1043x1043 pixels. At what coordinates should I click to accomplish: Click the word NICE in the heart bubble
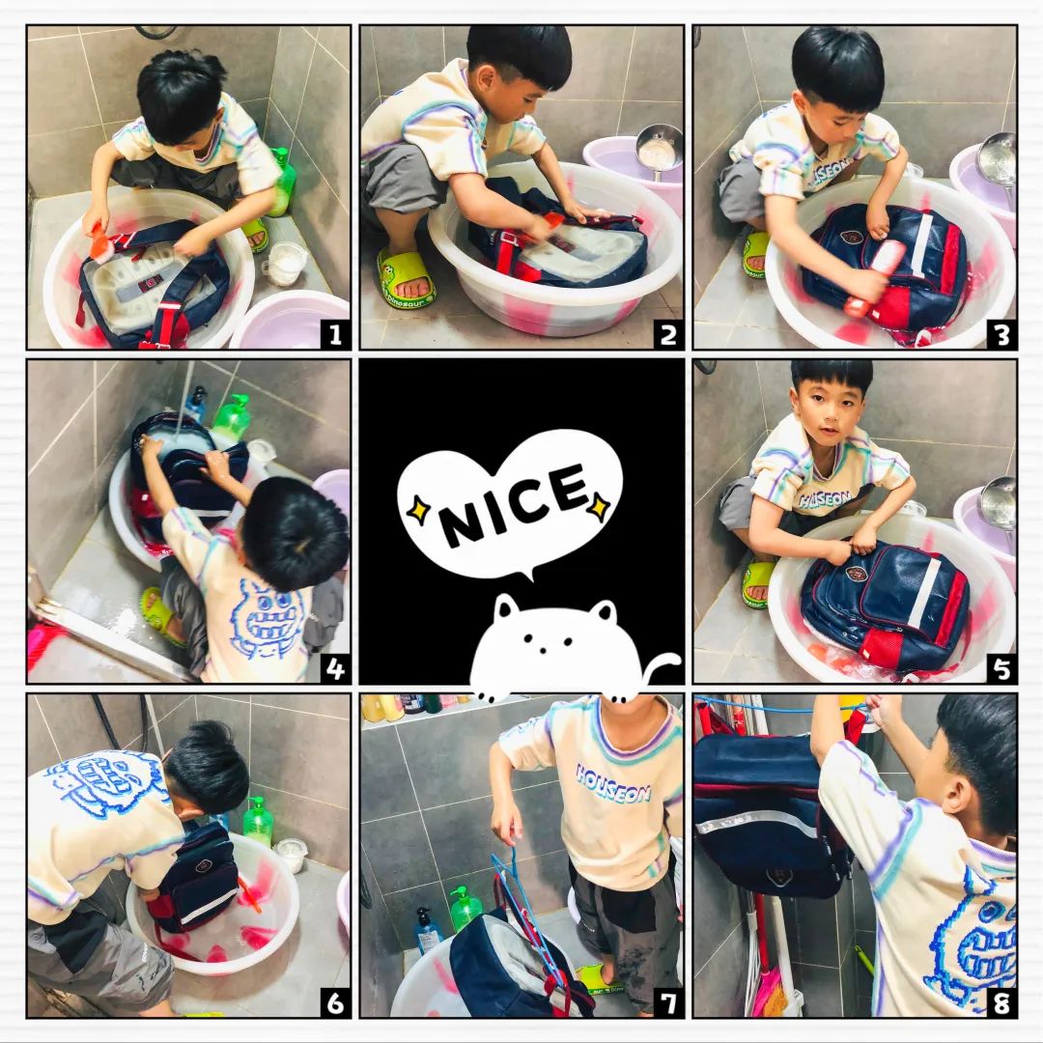point(514,503)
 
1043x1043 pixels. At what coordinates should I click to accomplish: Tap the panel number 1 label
point(334,334)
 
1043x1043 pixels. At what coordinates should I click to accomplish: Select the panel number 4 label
point(334,668)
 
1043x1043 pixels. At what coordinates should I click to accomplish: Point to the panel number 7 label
point(668,1002)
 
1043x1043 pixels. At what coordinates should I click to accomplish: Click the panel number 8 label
point(1002,1002)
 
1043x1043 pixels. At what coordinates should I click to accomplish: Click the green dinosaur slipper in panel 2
point(404,279)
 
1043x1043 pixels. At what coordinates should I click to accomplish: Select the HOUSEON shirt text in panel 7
point(612,783)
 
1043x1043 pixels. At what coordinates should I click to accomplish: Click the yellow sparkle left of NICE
point(419,510)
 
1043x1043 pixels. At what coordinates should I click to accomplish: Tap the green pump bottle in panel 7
point(465,908)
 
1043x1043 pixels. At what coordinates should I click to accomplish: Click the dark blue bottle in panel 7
point(427,929)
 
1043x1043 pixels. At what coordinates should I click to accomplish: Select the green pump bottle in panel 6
point(258,822)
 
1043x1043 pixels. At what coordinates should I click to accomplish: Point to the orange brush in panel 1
point(99,237)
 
